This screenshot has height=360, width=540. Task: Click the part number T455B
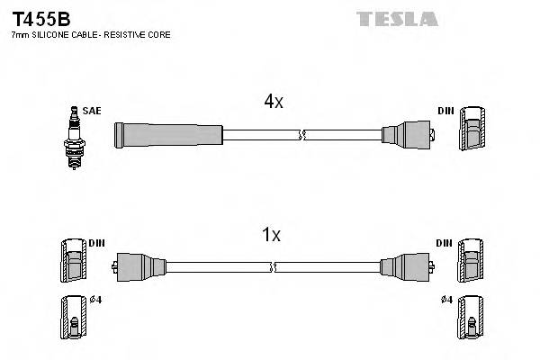click(x=40, y=19)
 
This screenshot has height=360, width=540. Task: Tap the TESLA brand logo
click(x=396, y=18)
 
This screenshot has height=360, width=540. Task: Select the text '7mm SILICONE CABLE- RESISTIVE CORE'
click(x=90, y=35)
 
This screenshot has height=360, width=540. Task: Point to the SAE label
click(x=92, y=111)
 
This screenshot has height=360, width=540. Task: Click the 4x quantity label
click(x=274, y=102)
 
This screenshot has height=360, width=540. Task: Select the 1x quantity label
click(x=271, y=235)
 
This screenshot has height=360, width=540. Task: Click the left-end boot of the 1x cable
click(x=139, y=266)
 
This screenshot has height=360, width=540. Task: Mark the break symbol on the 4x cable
click(x=303, y=135)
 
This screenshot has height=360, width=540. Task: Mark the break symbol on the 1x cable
click(x=273, y=266)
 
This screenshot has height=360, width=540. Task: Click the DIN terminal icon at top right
click(x=472, y=131)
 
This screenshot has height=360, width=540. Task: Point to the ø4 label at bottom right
click(x=447, y=300)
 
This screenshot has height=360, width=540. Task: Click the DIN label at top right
click(x=445, y=111)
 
